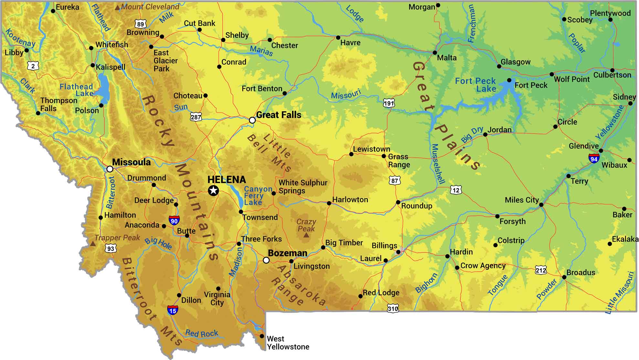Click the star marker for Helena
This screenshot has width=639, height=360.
coord(213,190)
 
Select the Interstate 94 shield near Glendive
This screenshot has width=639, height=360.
coord(594,159)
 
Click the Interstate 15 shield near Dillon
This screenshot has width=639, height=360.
coord(173,311)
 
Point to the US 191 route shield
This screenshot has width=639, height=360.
coord(389,103)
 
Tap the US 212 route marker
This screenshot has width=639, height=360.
coord(541,270)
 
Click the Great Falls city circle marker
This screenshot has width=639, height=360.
coord(252,120)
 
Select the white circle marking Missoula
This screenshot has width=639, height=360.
coord(110,169)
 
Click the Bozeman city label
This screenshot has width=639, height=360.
coord(288,253)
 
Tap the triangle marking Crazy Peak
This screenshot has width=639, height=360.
coord(306,235)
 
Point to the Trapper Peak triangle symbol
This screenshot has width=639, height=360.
coord(93,243)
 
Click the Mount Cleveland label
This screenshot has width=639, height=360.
coord(150,7)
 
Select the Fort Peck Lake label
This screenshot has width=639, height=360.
coord(476,85)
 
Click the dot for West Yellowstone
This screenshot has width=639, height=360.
coord(262,336)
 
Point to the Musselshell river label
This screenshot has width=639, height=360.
coord(438,164)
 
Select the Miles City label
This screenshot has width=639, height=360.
coord(521,200)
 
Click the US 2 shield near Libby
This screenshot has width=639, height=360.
coord(33,66)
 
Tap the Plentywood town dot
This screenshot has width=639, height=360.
coord(610,20)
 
